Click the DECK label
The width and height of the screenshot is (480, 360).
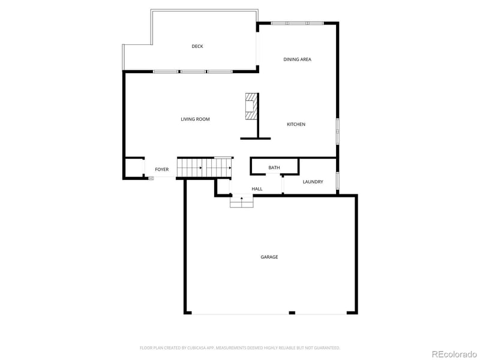point(197,46)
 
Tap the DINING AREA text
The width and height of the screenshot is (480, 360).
point(297,59)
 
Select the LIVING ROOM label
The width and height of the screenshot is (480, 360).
point(195,119)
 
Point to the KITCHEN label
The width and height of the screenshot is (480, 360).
point(296,124)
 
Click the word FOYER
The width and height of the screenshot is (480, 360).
point(162,170)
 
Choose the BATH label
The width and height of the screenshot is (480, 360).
point(274,167)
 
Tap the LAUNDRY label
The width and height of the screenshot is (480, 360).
point(313,182)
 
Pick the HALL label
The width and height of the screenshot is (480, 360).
point(257,189)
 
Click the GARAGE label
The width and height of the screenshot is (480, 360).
point(269,257)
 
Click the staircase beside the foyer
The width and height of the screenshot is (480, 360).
point(204,167)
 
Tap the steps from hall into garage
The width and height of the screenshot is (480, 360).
point(242,202)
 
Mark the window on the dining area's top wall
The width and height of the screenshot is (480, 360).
point(297,23)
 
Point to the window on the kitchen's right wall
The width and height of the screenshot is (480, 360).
point(338,131)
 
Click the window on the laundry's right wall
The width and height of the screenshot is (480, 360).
point(338,181)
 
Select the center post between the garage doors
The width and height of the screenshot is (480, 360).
point(292,313)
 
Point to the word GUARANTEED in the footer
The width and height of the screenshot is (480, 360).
point(327,348)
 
